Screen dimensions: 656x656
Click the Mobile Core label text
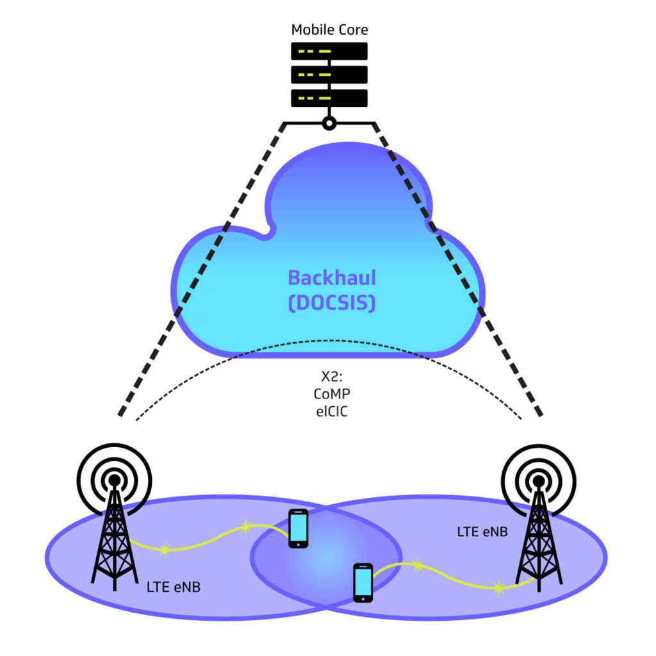click(329, 29)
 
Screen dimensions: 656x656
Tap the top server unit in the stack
click(329, 51)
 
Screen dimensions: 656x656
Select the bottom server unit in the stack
click(329, 98)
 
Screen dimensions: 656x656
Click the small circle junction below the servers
click(329, 123)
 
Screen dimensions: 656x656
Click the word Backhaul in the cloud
click(331, 277)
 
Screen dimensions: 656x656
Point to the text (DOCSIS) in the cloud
click(331, 302)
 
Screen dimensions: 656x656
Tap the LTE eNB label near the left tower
click(174, 586)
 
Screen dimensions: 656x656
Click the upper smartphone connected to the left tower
click(299, 528)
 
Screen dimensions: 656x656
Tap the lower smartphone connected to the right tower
click(363, 582)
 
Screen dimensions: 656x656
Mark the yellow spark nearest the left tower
click(165, 548)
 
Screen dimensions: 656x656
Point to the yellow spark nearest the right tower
click(498, 587)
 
